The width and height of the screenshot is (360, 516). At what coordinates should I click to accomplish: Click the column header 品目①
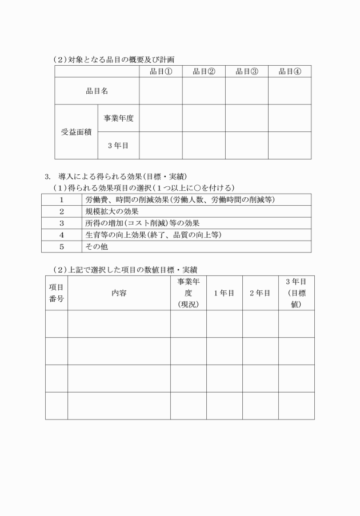pos(161,71)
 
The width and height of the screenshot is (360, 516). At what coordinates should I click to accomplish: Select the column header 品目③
pos(247,71)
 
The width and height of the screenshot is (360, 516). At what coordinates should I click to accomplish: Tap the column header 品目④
pos(290,71)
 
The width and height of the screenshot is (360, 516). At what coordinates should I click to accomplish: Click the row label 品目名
pos(97,90)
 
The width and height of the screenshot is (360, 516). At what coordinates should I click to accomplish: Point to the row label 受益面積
pos(76,131)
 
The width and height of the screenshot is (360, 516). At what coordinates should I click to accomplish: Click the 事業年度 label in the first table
pos(118,118)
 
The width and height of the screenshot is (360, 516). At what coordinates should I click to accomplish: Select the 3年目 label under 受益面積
pos(118,146)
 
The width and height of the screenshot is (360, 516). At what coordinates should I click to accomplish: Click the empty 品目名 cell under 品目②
pos(203,90)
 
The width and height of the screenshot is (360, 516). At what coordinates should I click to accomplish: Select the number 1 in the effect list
pos(61,199)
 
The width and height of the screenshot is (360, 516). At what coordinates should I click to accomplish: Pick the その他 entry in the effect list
pos(97,247)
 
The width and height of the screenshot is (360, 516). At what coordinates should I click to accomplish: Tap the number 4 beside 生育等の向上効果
pos(61,235)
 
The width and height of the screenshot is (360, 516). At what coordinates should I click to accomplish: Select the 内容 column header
pos(119,293)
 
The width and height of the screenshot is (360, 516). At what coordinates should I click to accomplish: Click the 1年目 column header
pos(224,293)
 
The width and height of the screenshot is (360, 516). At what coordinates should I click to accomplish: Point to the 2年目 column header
pos(260,293)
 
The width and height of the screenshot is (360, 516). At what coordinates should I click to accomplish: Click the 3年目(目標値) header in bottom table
pos(296,293)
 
